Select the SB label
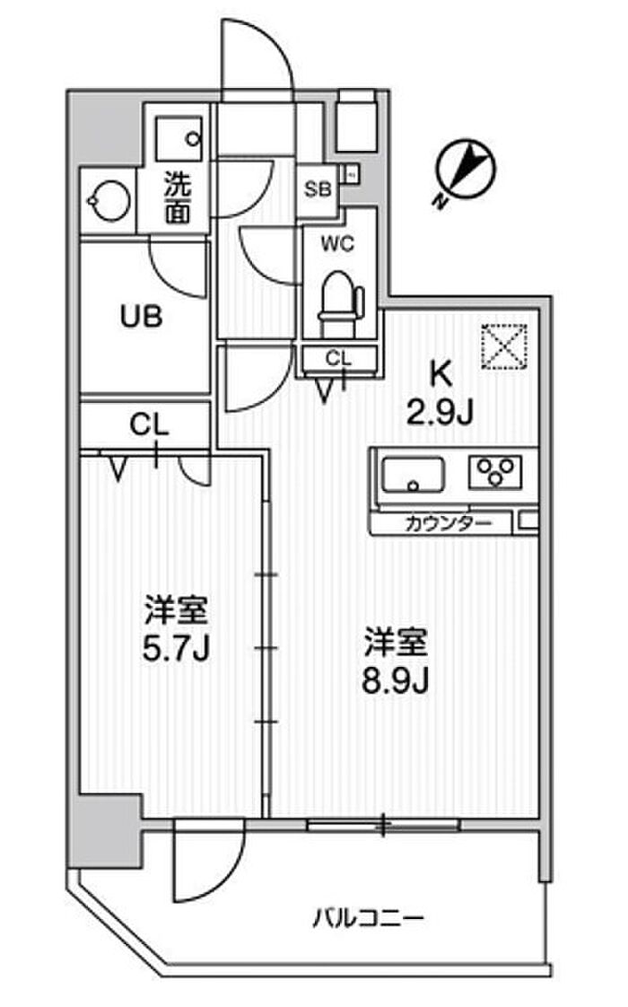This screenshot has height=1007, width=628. click(x=318, y=188)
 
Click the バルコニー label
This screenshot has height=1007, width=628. click(x=368, y=918)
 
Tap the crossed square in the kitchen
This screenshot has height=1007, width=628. click(x=504, y=344)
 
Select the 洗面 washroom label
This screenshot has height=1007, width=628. click(x=178, y=199)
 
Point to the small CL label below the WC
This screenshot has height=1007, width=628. click(x=338, y=358)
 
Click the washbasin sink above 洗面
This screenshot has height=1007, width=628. click(x=179, y=136)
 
